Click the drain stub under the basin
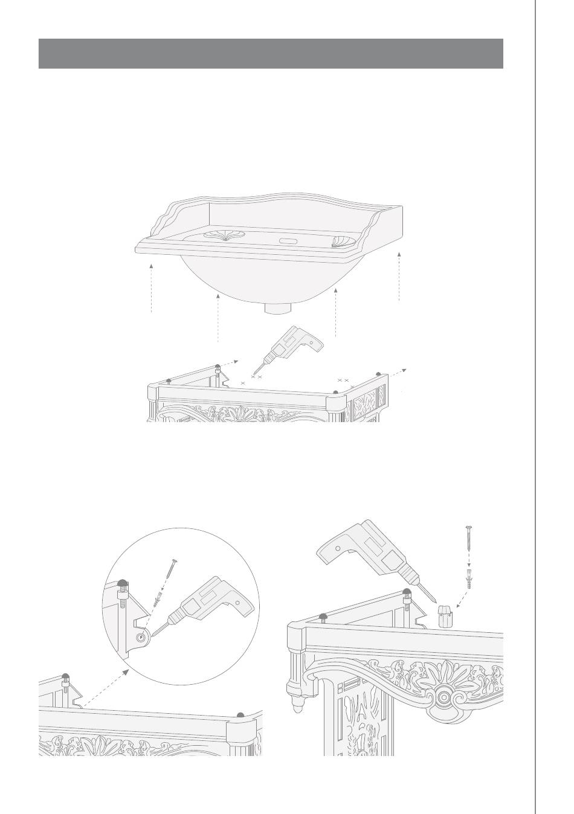click(x=278, y=307)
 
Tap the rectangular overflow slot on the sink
click(x=287, y=241)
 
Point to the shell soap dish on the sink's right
click(x=344, y=242)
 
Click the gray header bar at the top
click(x=271, y=54)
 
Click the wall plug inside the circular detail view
click(x=159, y=601)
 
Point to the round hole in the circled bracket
click(x=141, y=637)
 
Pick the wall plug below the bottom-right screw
click(x=470, y=582)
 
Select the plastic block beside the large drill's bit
click(x=445, y=618)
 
